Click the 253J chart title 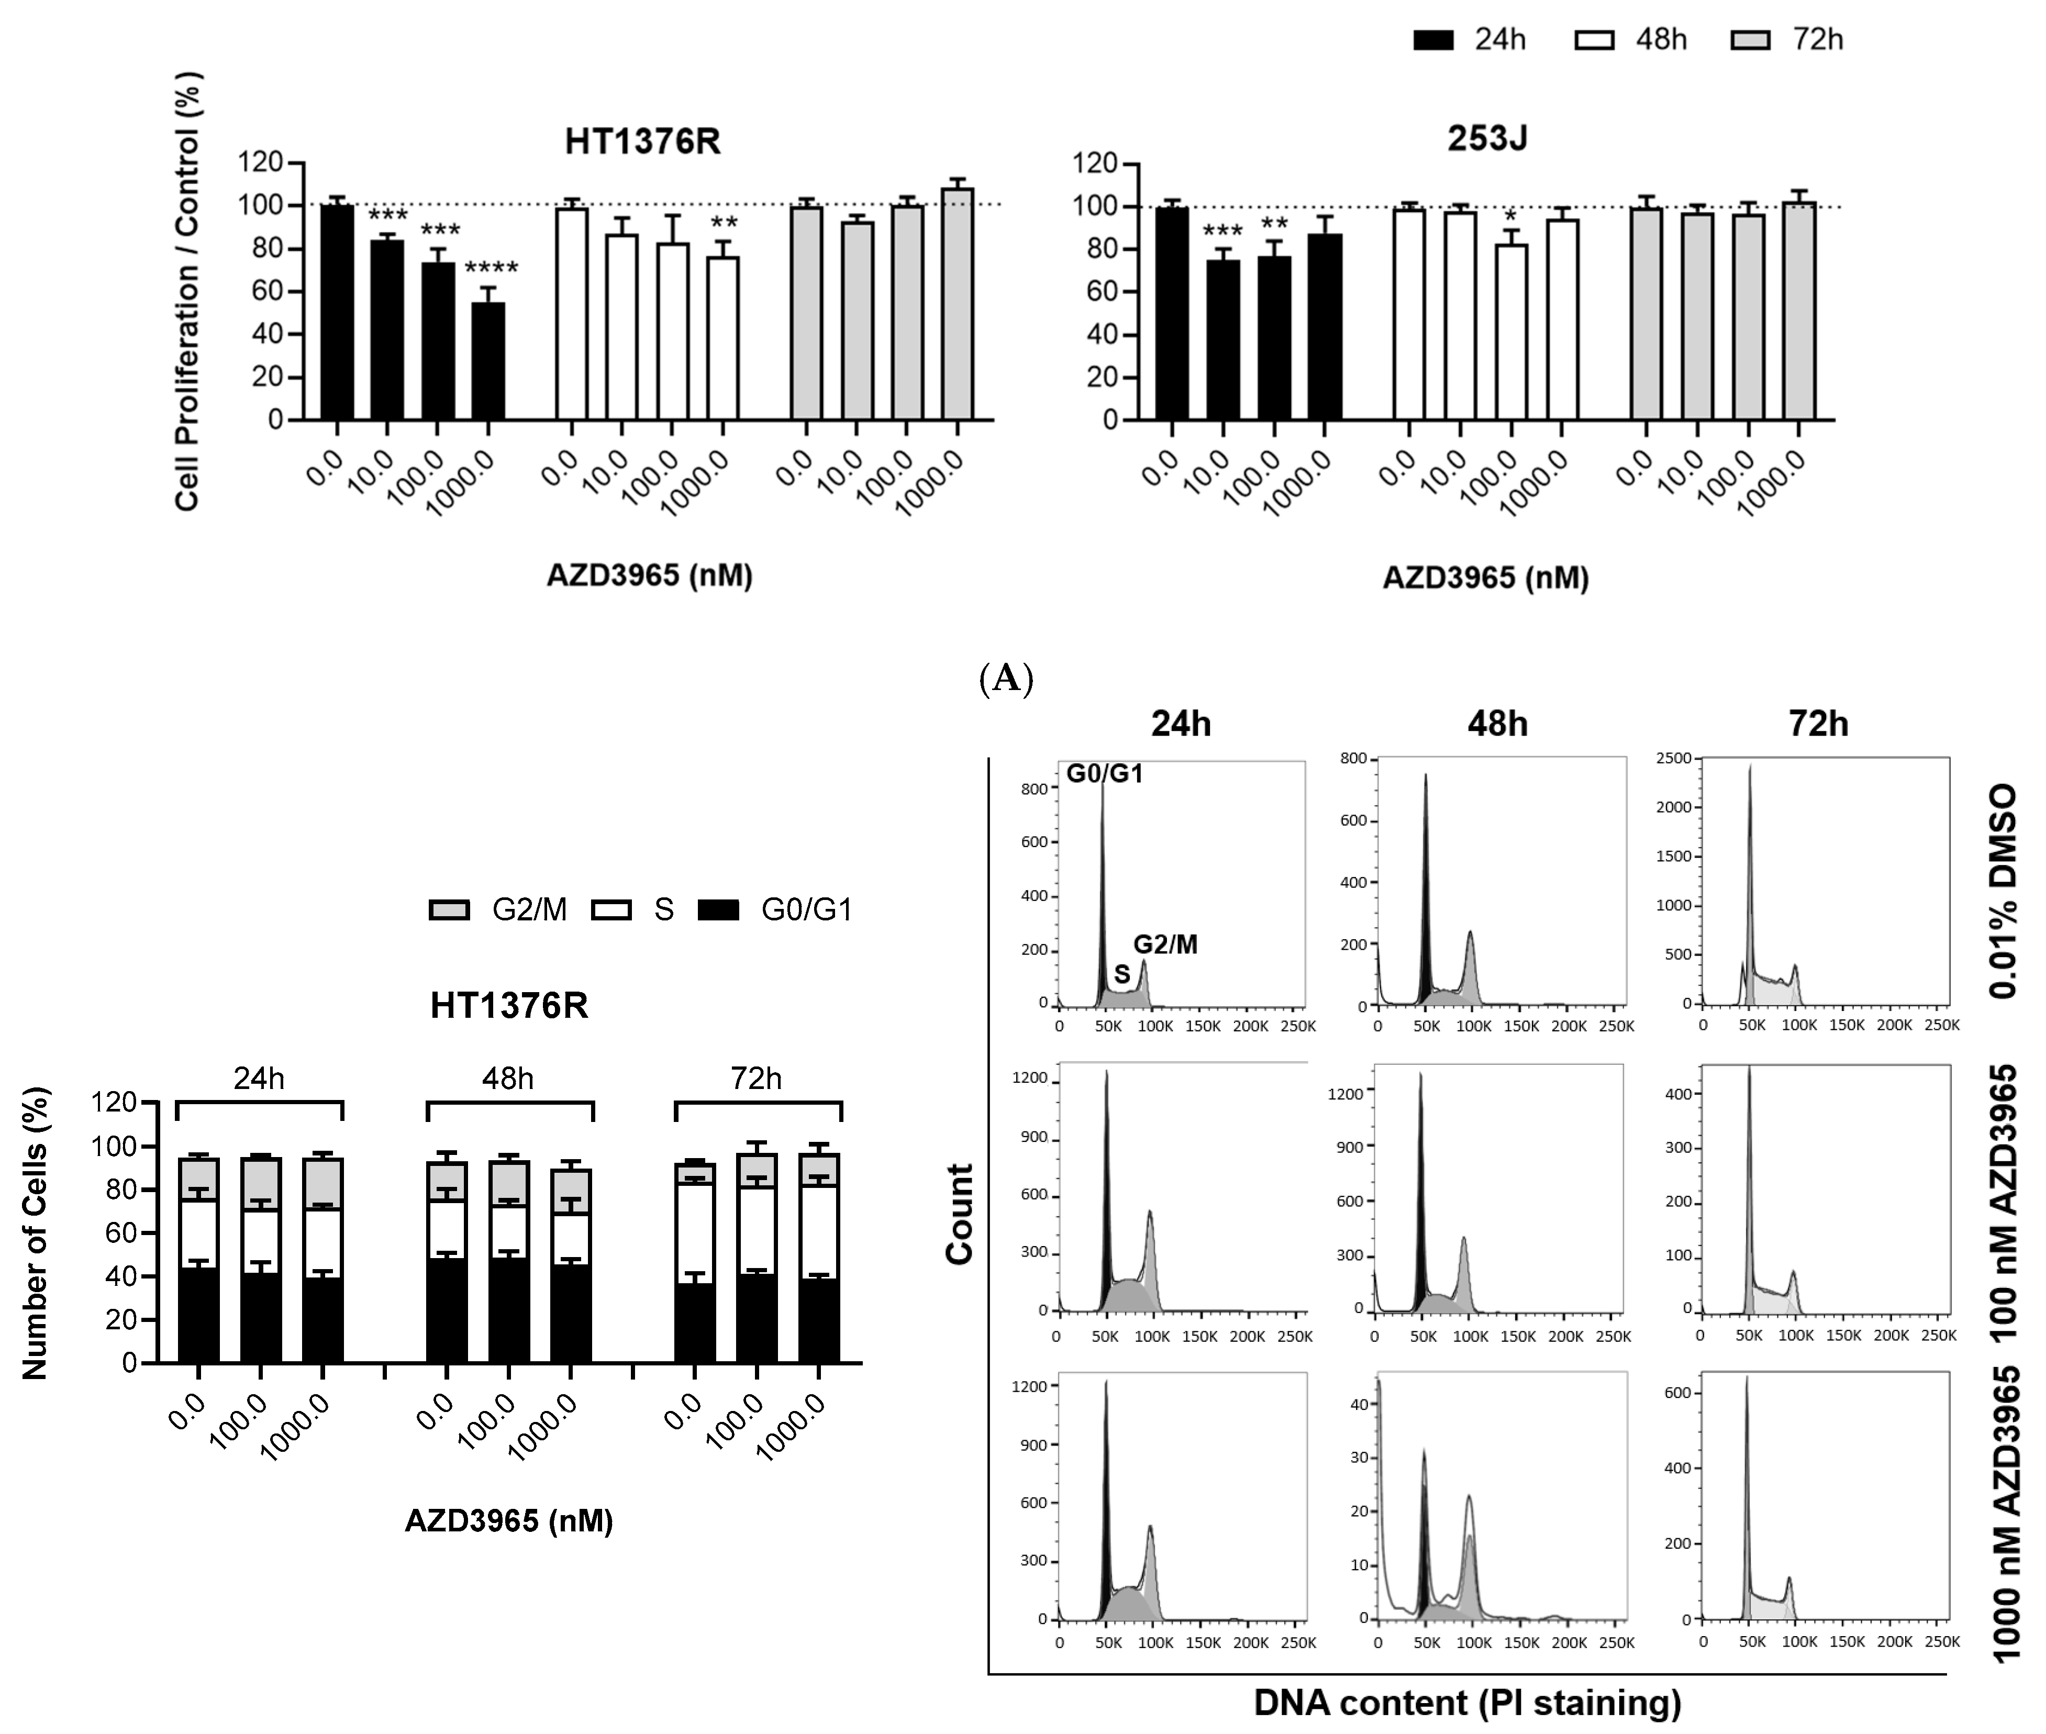[1487, 139]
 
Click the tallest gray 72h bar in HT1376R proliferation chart [957, 305]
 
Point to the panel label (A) [1006, 679]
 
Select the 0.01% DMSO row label [2002, 891]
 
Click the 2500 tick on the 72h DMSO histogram [1674, 758]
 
